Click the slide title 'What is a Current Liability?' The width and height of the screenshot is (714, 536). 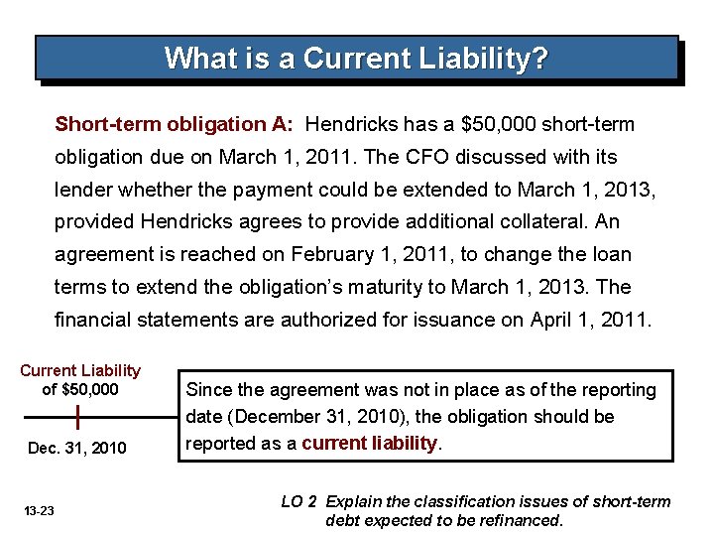click(x=356, y=59)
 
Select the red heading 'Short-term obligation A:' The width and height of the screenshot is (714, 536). click(x=174, y=125)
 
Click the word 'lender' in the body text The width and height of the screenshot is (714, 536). click(x=81, y=190)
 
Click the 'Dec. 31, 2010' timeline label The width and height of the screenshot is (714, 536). click(x=77, y=449)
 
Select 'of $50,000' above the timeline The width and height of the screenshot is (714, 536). click(x=80, y=389)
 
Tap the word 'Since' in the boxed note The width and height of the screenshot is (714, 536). click(x=208, y=390)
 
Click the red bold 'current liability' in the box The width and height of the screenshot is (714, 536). click(x=369, y=444)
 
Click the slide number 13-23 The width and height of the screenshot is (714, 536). click(x=40, y=510)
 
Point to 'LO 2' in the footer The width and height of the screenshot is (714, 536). click(x=299, y=502)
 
